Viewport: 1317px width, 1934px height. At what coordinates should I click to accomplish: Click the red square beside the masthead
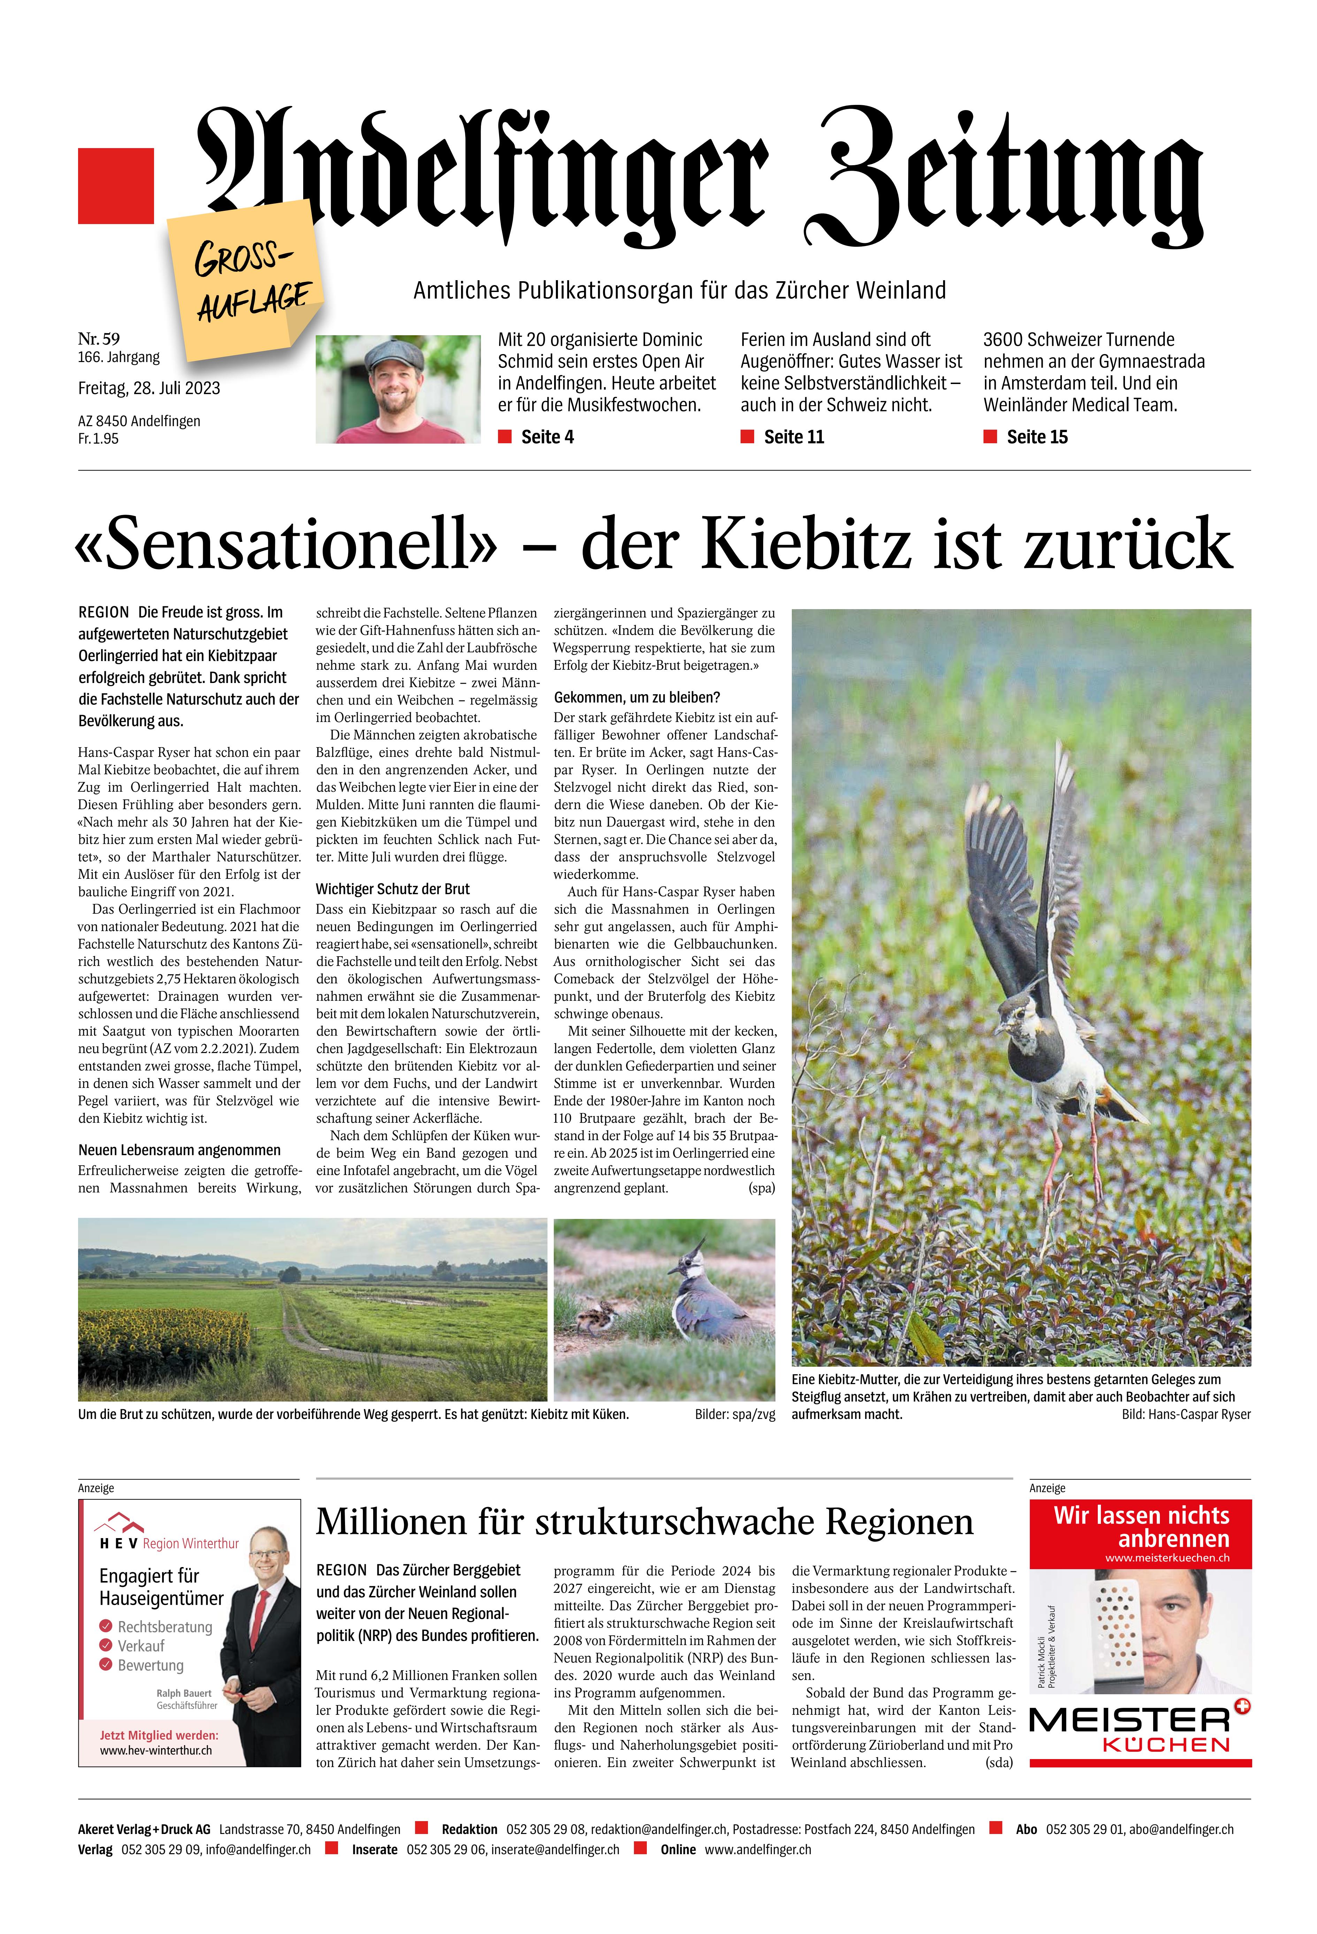tap(116, 186)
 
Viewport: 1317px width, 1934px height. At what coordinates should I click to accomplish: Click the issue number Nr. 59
tap(99, 338)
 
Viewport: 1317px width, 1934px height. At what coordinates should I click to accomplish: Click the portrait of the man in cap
tap(398, 389)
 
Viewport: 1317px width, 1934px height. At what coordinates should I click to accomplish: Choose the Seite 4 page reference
tap(547, 437)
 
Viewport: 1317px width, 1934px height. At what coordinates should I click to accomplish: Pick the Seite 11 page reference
tap(793, 437)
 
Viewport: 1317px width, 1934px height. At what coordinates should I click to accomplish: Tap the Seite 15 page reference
tap(1036, 437)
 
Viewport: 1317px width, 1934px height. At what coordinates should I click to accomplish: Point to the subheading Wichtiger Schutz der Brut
tap(392, 889)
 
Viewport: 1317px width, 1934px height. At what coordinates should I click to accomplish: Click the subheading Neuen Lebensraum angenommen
tap(179, 1150)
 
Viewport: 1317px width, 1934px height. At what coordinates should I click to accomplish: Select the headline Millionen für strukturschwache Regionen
tap(644, 1521)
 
